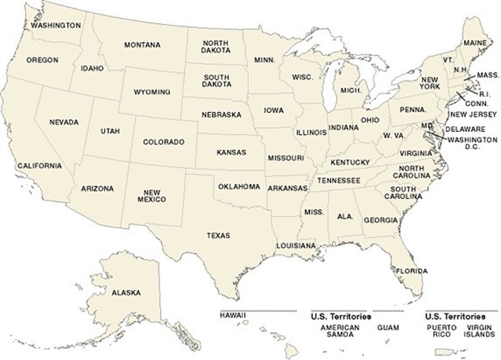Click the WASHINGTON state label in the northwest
(x=56, y=25)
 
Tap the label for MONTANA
(x=141, y=44)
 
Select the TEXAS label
(x=218, y=235)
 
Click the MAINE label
(x=476, y=42)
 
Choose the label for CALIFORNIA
(x=39, y=166)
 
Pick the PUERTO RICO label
(x=443, y=330)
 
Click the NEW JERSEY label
(x=469, y=114)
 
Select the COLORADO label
(x=164, y=142)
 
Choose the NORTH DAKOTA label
(x=216, y=48)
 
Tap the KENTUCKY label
(x=350, y=163)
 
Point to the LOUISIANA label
(x=296, y=246)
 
